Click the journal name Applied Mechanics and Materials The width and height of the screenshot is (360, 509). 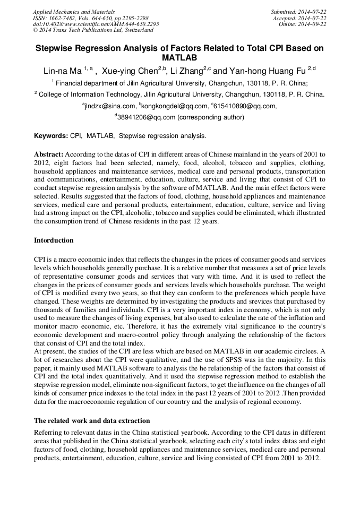point(73,11)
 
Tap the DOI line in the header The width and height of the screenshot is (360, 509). point(96,24)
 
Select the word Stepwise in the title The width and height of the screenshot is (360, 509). point(56,48)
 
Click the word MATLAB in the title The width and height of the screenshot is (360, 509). point(179,57)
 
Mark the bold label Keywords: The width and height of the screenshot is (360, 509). point(51,136)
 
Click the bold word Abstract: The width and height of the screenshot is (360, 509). point(49,154)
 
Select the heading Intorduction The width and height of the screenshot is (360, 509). point(54,240)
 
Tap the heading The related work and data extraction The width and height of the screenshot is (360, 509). point(92,421)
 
